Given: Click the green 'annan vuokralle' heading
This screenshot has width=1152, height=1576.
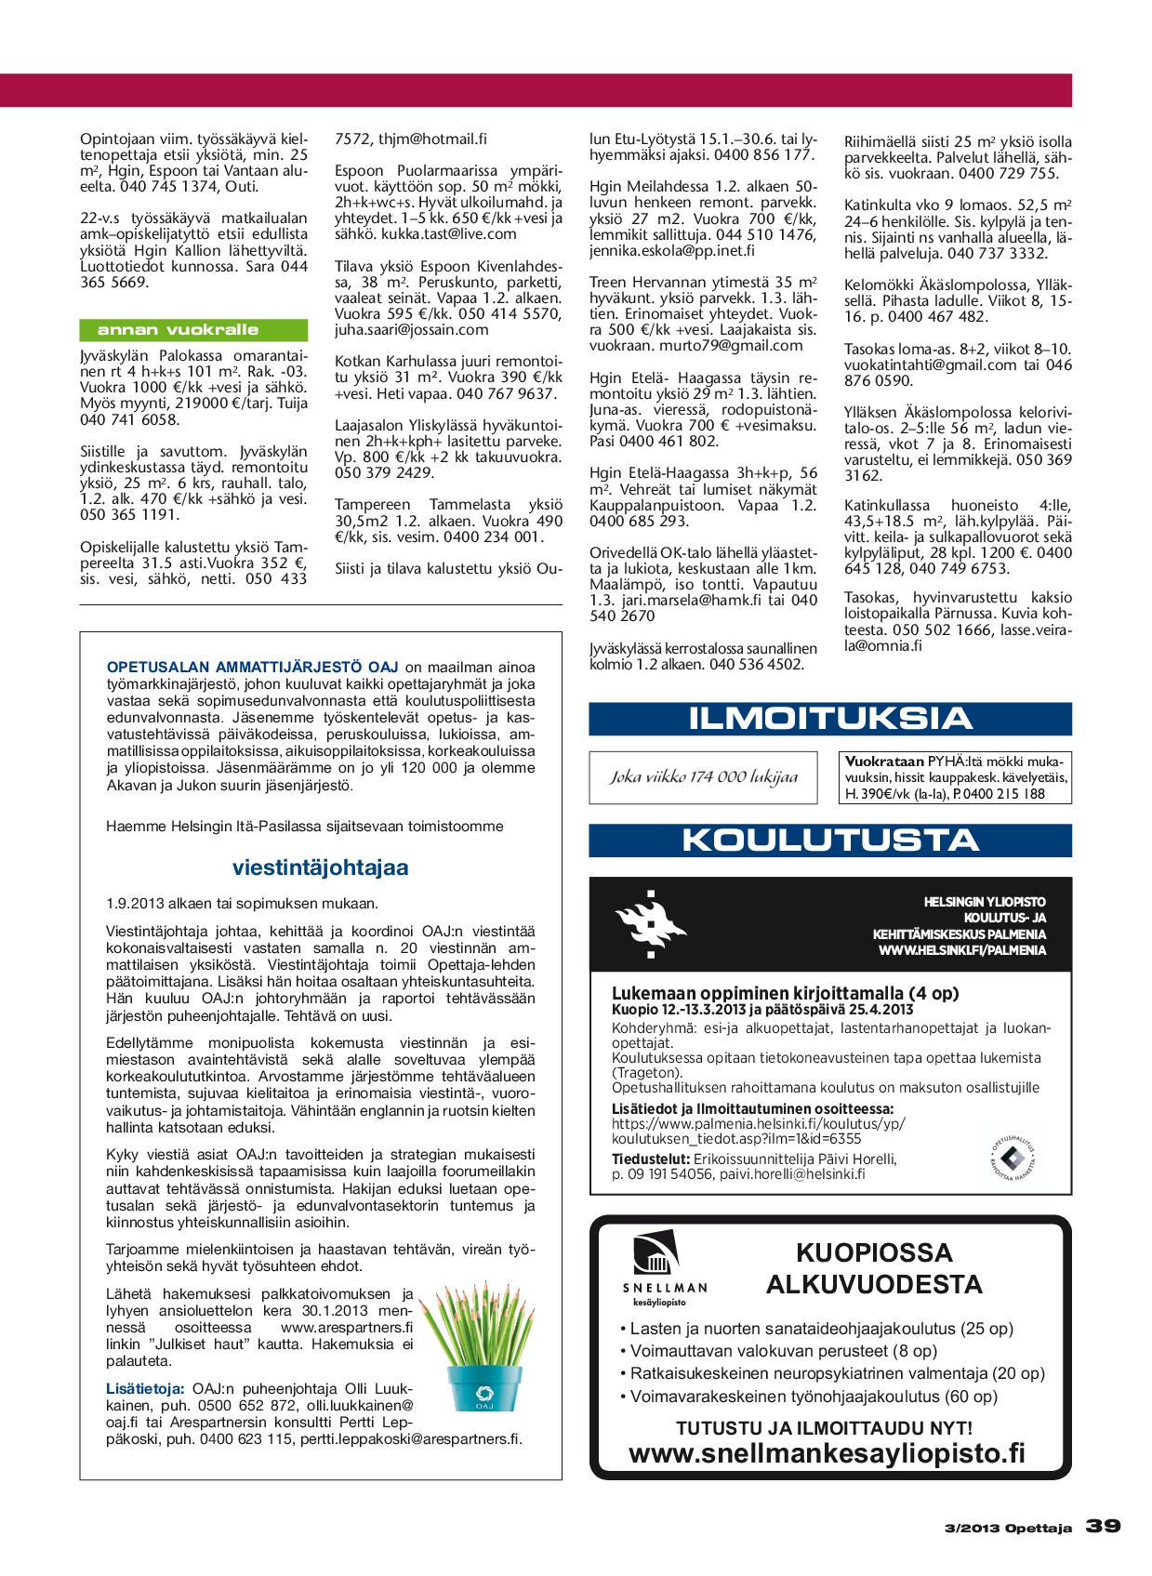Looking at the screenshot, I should (x=193, y=330).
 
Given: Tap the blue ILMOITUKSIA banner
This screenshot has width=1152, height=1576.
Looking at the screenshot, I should (x=829, y=719).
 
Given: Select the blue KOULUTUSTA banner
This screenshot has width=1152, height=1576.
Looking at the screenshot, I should (x=829, y=841).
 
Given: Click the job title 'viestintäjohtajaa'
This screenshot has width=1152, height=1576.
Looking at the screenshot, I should (x=320, y=867).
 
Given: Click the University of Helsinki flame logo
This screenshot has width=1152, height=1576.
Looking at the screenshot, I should (x=649, y=924).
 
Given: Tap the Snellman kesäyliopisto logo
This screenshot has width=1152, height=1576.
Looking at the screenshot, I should (x=663, y=1269).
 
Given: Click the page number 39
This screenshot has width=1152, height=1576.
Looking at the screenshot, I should (x=1103, y=1527).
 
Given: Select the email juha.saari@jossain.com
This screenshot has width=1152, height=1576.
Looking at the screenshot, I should (x=412, y=330).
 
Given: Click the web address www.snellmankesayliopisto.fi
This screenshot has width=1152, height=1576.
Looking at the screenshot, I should (x=828, y=1453).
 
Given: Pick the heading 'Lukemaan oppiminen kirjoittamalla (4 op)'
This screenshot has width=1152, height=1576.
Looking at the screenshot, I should (x=785, y=993).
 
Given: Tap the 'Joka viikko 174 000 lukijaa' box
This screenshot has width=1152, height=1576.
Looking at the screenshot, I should (x=703, y=777).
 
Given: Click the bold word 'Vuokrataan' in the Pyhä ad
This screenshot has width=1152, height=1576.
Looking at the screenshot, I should (x=884, y=762).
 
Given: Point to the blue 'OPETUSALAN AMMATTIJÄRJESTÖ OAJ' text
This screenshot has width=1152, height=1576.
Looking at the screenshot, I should (x=253, y=667).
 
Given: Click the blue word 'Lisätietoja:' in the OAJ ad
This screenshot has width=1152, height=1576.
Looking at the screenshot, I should (x=145, y=1389).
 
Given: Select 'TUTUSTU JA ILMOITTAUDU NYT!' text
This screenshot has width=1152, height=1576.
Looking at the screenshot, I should (x=824, y=1428).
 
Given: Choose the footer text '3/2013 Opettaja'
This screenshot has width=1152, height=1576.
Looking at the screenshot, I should (x=1007, y=1528).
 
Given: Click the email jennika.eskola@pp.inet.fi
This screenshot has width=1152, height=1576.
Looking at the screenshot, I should (x=672, y=251).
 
